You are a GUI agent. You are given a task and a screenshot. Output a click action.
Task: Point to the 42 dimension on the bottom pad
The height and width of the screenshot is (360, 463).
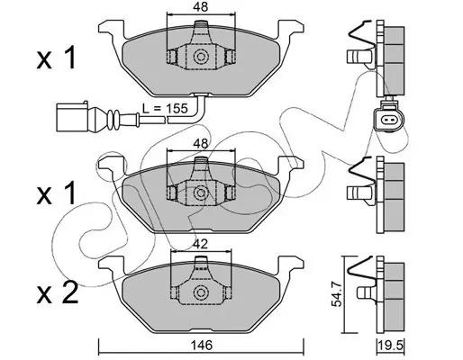click(201, 244)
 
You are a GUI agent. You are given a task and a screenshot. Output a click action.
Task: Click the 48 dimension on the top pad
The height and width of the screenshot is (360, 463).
click(201, 7)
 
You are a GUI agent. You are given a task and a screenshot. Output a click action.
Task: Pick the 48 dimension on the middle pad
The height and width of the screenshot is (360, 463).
click(201, 144)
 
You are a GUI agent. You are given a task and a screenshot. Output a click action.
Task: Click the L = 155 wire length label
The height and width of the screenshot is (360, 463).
click(165, 108)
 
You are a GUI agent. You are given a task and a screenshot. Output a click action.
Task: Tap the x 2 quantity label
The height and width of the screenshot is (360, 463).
click(58, 292)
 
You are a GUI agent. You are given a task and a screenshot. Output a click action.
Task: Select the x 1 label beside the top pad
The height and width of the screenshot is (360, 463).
click(57, 58)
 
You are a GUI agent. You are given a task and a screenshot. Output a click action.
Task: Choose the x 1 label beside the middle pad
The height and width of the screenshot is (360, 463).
click(57, 194)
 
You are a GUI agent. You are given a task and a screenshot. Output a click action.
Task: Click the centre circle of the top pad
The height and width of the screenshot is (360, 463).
click(201, 57)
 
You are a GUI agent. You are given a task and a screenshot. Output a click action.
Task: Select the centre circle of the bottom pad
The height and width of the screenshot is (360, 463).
click(201, 292)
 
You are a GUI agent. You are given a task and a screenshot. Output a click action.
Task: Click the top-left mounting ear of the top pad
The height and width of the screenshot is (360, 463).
click(111, 29)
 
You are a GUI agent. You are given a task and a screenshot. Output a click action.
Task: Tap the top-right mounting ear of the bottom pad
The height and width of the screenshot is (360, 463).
click(291, 265)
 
